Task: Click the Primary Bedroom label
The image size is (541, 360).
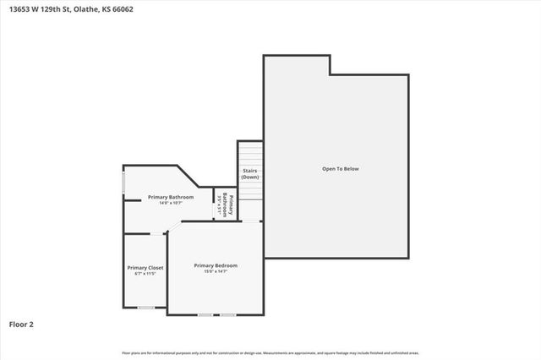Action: (x=216, y=265)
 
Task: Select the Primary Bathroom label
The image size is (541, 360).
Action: (x=171, y=197)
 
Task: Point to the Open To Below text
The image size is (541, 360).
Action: (x=340, y=169)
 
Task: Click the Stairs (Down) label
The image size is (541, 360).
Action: (x=249, y=174)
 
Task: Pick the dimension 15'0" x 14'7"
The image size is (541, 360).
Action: (x=216, y=271)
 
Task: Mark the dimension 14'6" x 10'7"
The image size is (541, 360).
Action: (x=171, y=203)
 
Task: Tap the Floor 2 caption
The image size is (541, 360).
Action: (x=20, y=324)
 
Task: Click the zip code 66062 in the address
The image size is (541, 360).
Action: (x=123, y=9)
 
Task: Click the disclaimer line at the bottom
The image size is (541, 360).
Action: (x=270, y=352)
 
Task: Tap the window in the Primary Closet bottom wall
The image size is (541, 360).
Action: (x=146, y=308)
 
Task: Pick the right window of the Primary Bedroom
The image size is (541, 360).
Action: (x=227, y=315)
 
